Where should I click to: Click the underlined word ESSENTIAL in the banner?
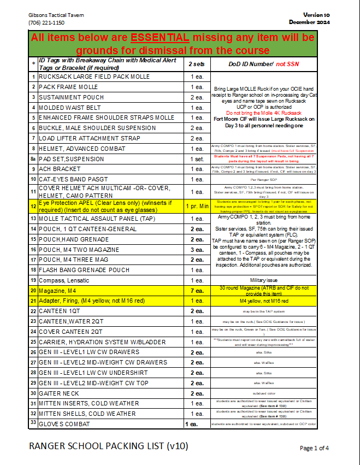point(160,38)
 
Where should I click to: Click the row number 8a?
point(33,159)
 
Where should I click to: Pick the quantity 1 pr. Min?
point(197,206)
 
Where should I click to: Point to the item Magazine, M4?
point(58,291)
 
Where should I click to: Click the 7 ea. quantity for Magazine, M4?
point(197,291)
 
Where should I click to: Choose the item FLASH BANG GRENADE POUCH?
point(84,270)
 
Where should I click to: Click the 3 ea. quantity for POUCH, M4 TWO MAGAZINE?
point(197,250)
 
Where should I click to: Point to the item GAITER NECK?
point(59,393)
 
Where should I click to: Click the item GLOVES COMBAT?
point(64,424)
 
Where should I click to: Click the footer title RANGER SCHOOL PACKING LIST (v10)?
point(108,446)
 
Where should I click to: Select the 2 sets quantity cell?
point(197,64)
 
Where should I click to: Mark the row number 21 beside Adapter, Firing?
point(33,301)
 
